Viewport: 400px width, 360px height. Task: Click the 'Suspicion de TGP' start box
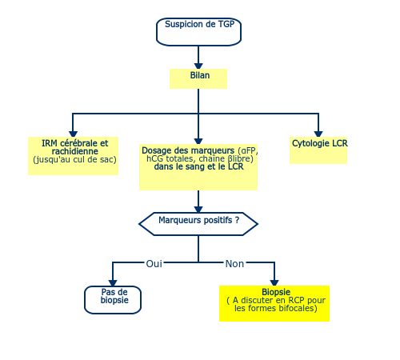(198, 32)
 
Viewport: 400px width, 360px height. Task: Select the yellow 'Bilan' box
(198, 78)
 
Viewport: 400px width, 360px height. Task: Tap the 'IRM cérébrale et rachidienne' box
(73, 156)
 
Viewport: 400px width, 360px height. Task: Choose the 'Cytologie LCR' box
(318, 150)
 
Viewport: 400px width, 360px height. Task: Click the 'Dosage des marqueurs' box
(198, 167)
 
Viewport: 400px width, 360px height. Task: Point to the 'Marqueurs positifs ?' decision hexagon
(198, 224)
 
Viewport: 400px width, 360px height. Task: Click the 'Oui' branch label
(154, 264)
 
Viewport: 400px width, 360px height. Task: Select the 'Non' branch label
(234, 264)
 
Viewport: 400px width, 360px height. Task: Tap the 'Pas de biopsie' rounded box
(113, 300)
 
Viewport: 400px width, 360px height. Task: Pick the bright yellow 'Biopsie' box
(274, 303)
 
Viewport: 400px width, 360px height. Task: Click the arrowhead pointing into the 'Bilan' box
(198, 66)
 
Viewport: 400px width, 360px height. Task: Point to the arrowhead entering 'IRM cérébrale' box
(73, 134)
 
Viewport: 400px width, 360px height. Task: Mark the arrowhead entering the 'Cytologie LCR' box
(318, 134)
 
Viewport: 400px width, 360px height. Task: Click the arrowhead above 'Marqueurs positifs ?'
(198, 210)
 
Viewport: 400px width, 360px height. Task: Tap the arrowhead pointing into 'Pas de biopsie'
(113, 283)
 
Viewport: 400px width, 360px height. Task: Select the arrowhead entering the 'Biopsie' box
(274, 282)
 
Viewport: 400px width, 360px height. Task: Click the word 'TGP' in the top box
(226, 24)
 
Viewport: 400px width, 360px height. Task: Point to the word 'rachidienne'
(75, 151)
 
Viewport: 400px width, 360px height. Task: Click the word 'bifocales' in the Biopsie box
(296, 308)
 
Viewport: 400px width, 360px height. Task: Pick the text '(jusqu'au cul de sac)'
(74, 159)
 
